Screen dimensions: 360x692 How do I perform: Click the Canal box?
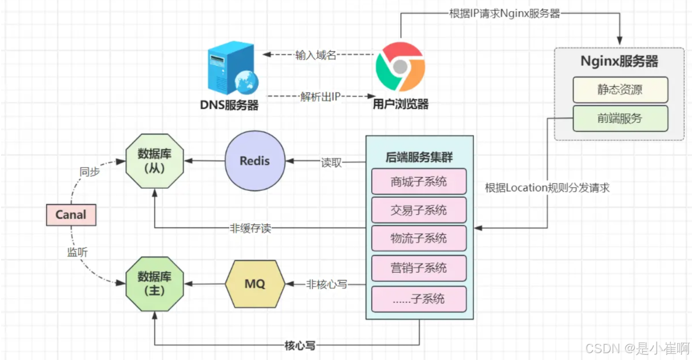coord(71,215)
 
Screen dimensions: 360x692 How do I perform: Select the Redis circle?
coord(254,161)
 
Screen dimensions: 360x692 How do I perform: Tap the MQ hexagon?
coord(255,284)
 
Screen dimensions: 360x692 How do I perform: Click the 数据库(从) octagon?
coord(154,161)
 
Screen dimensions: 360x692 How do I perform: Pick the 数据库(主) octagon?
coord(154,284)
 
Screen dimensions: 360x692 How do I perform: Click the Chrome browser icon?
coord(400,67)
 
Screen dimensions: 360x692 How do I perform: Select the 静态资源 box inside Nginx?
coord(620,89)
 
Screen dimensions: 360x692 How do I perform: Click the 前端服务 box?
coord(620,118)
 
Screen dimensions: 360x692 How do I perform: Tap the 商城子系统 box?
coord(419,182)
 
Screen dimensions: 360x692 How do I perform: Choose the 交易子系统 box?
coord(419,210)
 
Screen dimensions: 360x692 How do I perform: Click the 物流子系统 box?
coord(419,239)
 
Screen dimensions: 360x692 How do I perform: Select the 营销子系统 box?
coord(419,268)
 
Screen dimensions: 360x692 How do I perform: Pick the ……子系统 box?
coord(419,299)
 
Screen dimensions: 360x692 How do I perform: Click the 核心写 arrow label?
coord(300,346)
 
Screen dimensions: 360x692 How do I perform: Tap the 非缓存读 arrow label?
coord(251,228)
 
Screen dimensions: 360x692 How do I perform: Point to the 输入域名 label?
coord(316,55)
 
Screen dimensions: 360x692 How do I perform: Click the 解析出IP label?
coord(320,97)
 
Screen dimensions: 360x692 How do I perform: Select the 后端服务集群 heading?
coord(419,158)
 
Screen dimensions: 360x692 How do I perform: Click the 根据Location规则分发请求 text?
coord(547,188)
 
